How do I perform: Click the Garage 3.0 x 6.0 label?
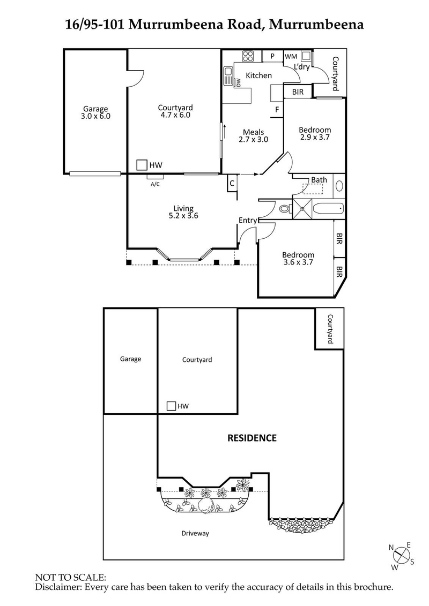pos(96,111)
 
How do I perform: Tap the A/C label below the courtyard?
pos(155,184)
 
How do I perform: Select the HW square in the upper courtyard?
pos(142,165)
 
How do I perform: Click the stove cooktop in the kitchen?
pos(248,56)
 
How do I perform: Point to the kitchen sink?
pos(228,72)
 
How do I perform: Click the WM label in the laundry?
pos(291,56)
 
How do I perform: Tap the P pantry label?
pos(272,56)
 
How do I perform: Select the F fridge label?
pos(277,110)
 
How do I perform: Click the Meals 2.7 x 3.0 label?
pos(253,135)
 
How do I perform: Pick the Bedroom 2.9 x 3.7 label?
pos(315,133)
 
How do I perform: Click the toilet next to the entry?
pos(285,208)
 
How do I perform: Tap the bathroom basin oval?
pos(339,187)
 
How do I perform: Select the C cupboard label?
pos(232,183)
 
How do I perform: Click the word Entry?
pos(248,220)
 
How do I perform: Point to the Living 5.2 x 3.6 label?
pos(183,213)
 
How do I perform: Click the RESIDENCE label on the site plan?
pos(252,438)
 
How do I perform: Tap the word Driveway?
pos(195,533)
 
